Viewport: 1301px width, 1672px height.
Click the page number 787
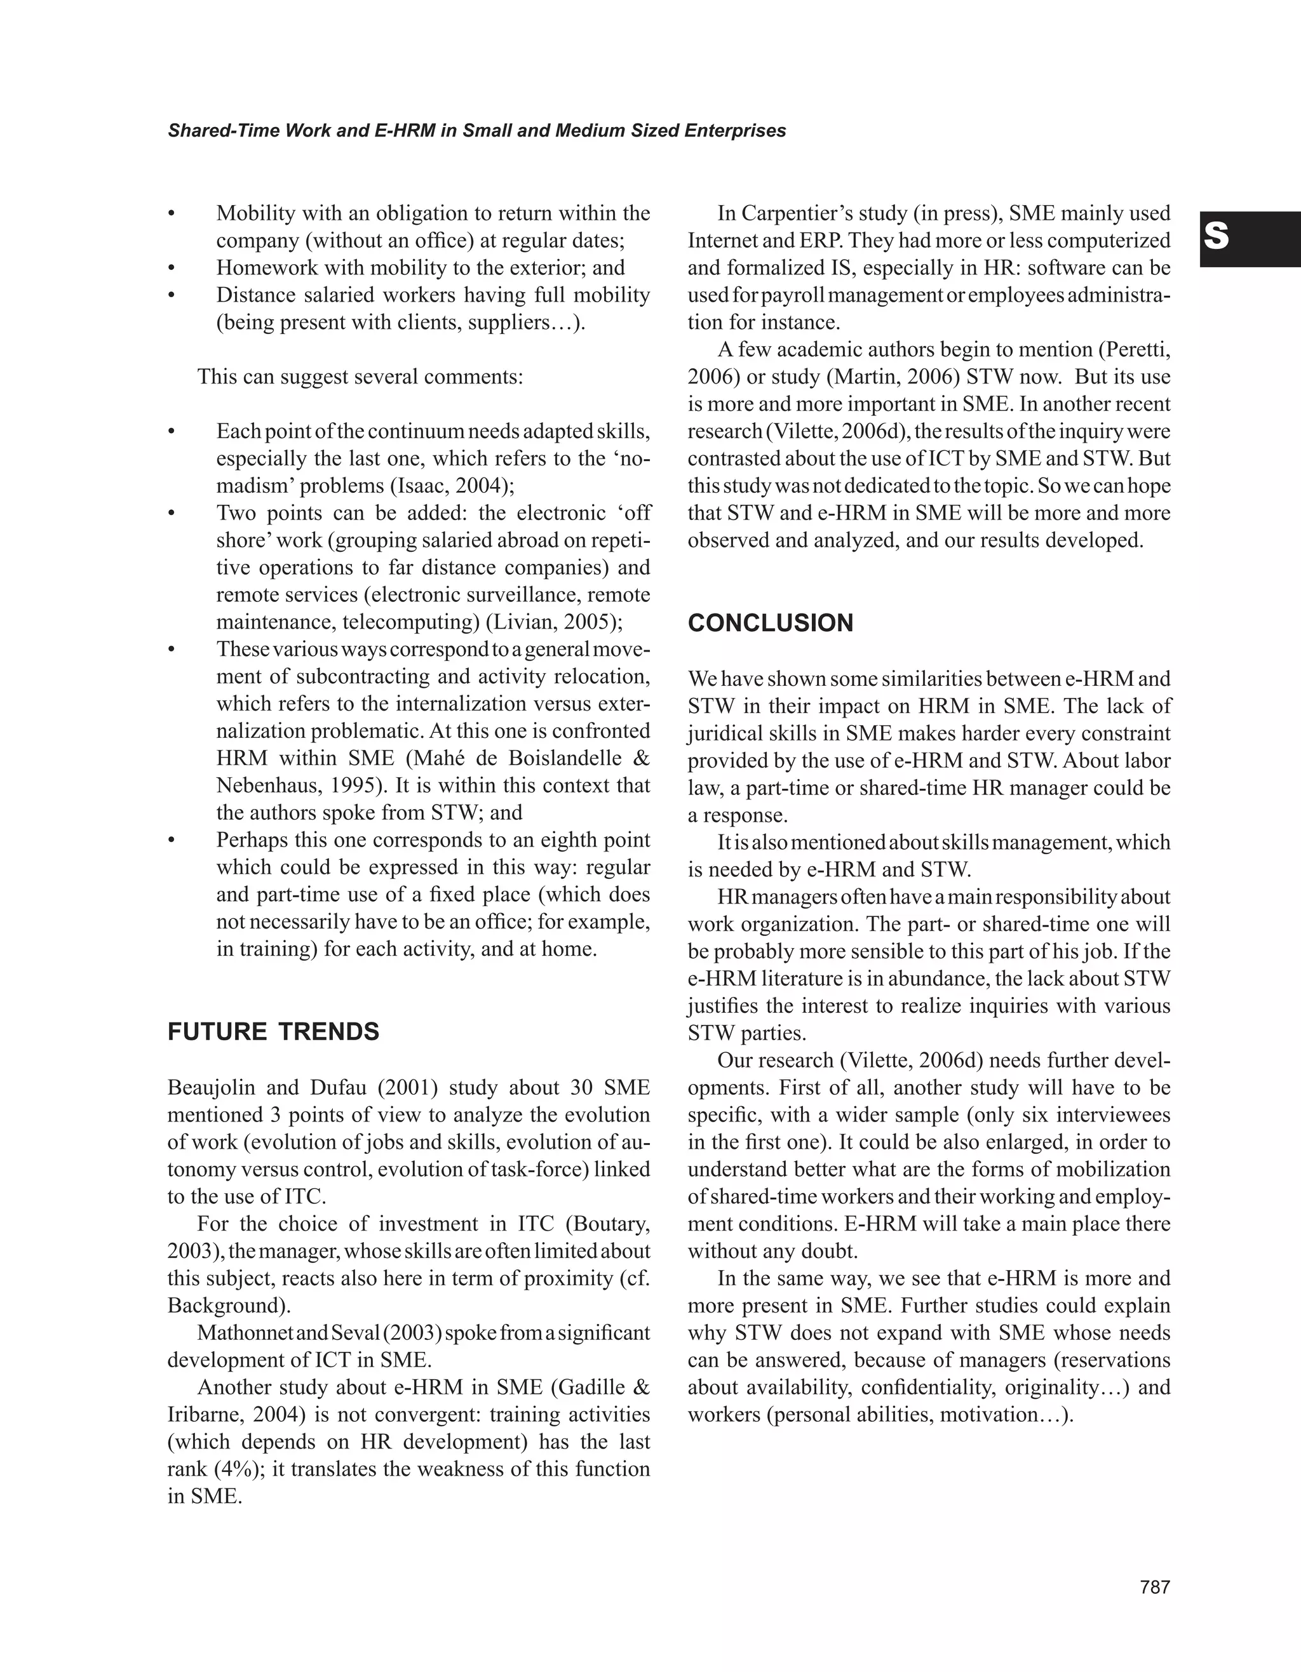tap(1155, 1587)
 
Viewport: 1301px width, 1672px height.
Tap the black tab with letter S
tap(1250, 239)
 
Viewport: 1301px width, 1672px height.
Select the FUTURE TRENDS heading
tap(273, 1032)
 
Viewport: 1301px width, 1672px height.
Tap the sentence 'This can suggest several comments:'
tap(360, 377)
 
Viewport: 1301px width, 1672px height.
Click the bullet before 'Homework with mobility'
tap(172, 269)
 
